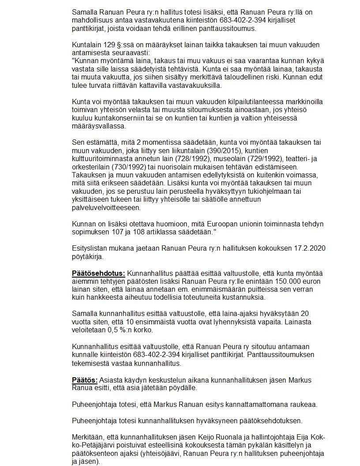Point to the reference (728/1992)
189,158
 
